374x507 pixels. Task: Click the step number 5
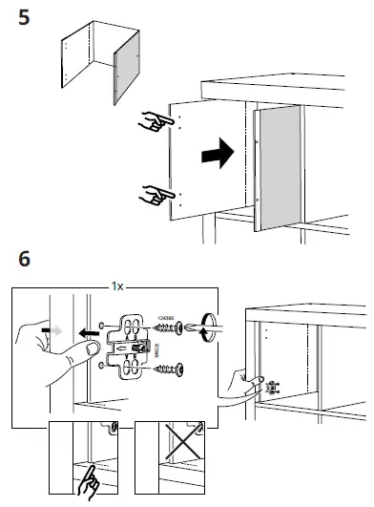point(29,18)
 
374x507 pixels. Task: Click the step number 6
point(26,260)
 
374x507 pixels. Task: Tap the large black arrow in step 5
point(217,150)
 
